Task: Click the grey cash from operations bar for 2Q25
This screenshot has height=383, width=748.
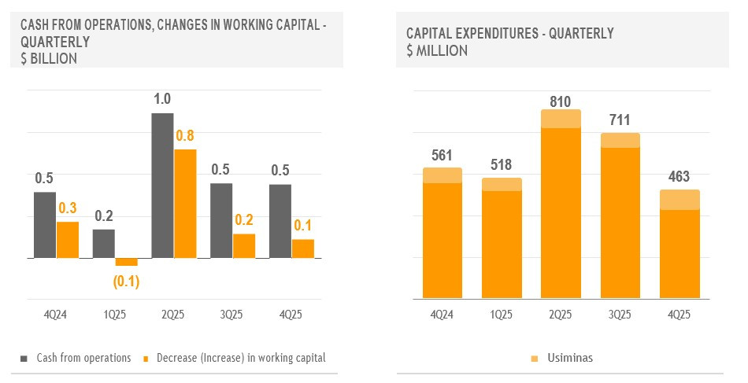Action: (x=162, y=186)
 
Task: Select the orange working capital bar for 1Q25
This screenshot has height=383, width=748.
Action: (x=126, y=262)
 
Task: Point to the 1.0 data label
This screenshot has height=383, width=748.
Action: (x=163, y=100)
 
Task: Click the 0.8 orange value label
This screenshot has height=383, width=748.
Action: (x=185, y=136)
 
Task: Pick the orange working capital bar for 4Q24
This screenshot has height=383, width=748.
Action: (x=68, y=240)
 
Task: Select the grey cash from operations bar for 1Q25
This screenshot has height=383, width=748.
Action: (x=103, y=244)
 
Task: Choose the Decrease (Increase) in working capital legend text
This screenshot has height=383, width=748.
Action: (x=241, y=358)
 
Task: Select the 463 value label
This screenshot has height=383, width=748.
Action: (x=679, y=177)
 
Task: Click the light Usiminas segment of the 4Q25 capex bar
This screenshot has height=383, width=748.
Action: (x=679, y=200)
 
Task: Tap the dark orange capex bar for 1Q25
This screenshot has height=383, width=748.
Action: (x=502, y=245)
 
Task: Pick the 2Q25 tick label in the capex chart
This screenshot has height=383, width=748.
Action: (x=561, y=315)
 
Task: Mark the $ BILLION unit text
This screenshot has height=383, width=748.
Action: (x=48, y=58)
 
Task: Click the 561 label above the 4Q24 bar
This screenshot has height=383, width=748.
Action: (x=443, y=155)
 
